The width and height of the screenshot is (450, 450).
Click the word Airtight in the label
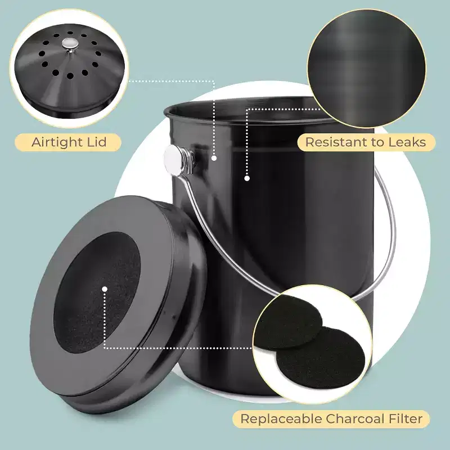click(x=57, y=142)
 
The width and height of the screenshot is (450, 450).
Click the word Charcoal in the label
click(x=355, y=418)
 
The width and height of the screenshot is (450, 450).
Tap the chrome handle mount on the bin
click(x=175, y=160)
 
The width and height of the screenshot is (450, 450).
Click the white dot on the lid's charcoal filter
click(x=105, y=289)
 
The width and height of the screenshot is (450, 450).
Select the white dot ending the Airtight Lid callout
click(x=214, y=158)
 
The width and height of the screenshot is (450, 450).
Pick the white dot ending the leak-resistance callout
click(x=247, y=178)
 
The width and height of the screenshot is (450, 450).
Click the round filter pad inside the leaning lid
click(x=97, y=292)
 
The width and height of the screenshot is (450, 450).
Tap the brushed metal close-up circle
click(x=367, y=69)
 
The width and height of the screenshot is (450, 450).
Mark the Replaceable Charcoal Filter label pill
click(x=331, y=419)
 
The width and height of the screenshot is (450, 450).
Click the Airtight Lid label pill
click(x=68, y=142)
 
